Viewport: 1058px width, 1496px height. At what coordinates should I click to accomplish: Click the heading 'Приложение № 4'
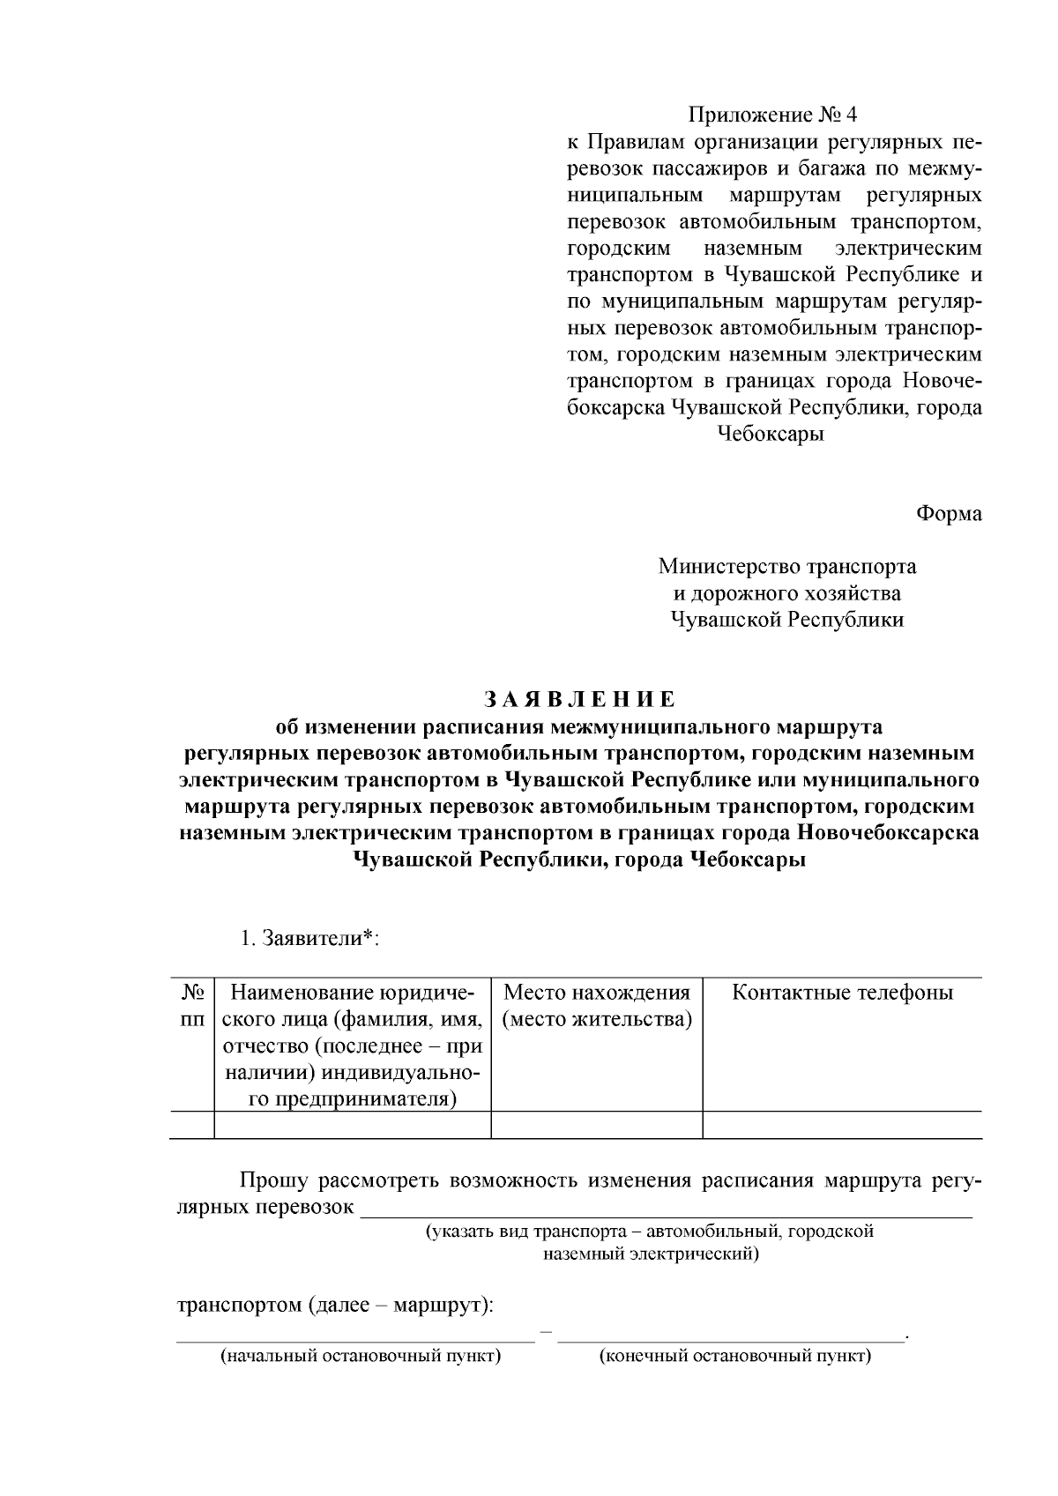pos(771,115)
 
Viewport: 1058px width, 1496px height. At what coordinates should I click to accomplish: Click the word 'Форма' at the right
pos(949,513)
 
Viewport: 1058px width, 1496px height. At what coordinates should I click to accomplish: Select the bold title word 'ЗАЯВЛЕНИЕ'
pos(579,700)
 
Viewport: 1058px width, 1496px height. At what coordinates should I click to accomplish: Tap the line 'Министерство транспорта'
pos(786,566)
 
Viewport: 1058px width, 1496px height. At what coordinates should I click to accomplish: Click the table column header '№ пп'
pos(192,1005)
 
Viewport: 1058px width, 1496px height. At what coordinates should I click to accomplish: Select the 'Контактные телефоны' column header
pos(842,993)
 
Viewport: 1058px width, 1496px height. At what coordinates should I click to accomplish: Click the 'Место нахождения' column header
pos(596,1005)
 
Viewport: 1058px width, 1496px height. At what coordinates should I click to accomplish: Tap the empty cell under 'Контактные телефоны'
pos(842,1125)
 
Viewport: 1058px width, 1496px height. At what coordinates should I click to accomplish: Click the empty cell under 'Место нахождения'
pos(596,1125)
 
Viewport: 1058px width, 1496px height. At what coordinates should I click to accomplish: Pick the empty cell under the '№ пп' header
pos(192,1125)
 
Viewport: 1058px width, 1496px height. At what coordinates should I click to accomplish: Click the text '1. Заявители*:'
pos(309,938)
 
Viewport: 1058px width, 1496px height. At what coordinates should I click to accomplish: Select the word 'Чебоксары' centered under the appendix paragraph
pos(771,435)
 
